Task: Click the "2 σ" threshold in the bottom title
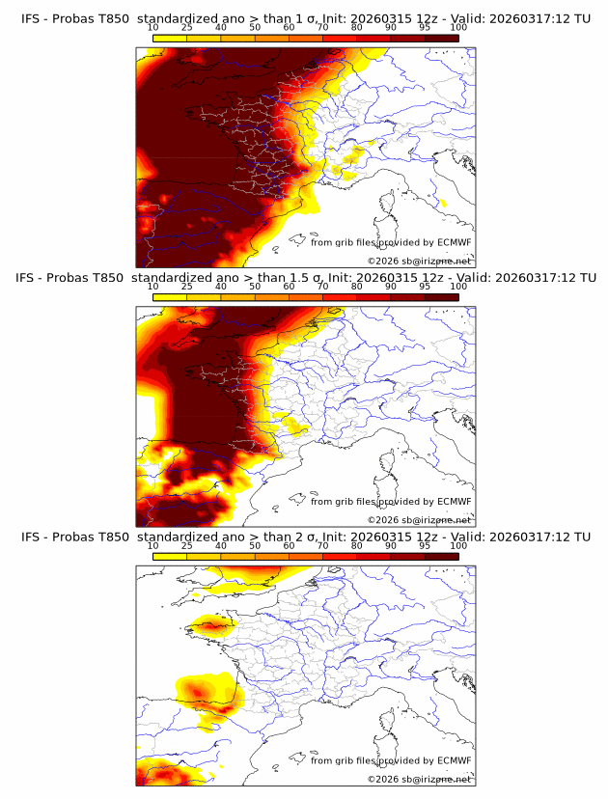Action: pyautogui.click(x=306, y=537)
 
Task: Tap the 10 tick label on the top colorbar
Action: pyautogui.click(x=152, y=28)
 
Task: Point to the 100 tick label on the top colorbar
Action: pyautogui.click(x=458, y=28)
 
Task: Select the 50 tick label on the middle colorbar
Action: pyautogui.click(x=255, y=288)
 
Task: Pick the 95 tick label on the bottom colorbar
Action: pyautogui.click(x=425, y=546)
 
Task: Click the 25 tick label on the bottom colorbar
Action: pyautogui.click(x=187, y=546)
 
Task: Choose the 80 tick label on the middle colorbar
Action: pyautogui.click(x=357, y=288)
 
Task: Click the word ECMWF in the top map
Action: pyautogui.click(x=454, y=242)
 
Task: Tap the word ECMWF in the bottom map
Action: pyautogui.click(x=454, y=760)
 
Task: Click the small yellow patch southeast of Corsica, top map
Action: pyautogui.click(x=443, y=203)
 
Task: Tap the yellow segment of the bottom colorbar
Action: pyautogui.click(x=170, y=555)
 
